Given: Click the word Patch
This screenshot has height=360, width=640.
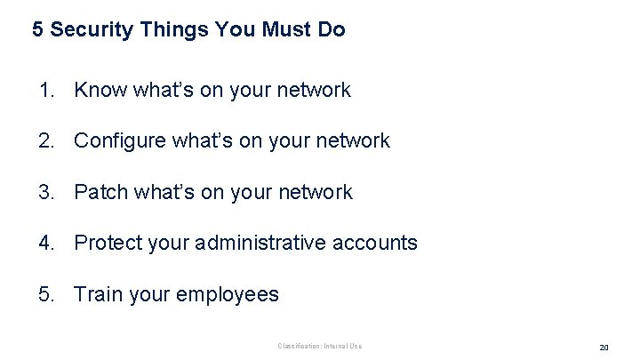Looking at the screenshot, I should tap(101, 192).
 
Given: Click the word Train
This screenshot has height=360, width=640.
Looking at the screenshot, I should tap(97, 294).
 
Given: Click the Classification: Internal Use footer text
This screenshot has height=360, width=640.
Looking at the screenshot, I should tap(320, 346).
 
